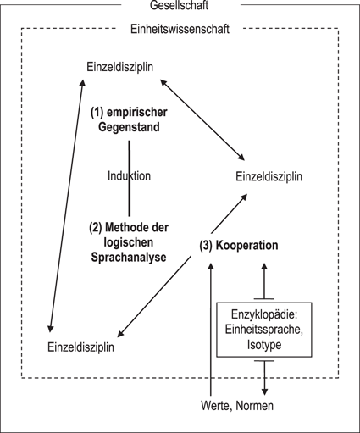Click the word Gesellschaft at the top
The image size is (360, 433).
tap(180, 6)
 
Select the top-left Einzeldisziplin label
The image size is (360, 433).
tap(120, 67)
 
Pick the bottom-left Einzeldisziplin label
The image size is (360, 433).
tap(81, 347)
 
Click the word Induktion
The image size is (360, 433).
tap(129, 176)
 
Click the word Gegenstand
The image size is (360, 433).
tap(129, 127)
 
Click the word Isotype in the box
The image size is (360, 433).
tap(266, 346)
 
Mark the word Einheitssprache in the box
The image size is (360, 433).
tap(266, 330)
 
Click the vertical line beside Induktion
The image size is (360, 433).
tap(129, 153)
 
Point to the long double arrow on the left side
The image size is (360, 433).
tap(66, 203)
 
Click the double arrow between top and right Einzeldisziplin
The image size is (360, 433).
tap(203, 119)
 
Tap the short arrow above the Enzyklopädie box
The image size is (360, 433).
tap(266, 280)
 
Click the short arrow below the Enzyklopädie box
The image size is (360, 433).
tap(266, 377)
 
